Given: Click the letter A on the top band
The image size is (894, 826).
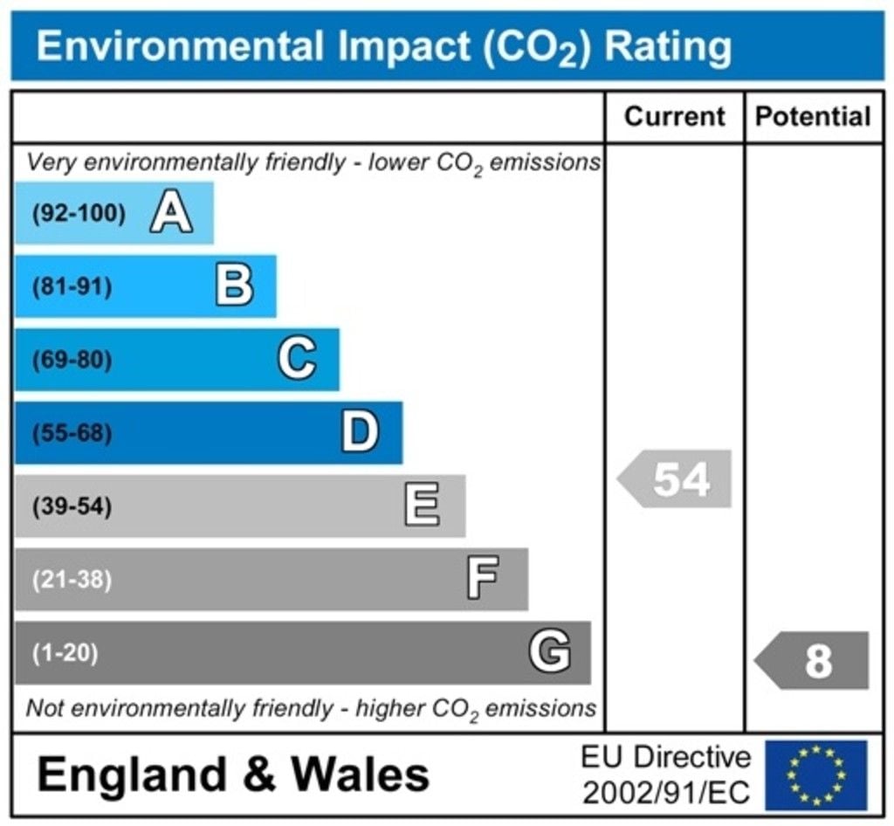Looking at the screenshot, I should click(x=171, y=213).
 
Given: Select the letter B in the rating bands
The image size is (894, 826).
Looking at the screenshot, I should click(x=235, y=286).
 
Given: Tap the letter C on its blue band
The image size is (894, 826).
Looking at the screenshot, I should click(x=297, y=359).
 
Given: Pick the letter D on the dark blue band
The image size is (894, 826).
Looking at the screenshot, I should click(x=360, y=432).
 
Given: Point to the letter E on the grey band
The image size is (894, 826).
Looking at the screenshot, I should click(x=423, y=506).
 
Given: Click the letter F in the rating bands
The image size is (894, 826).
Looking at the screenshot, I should click(x=483, y=579).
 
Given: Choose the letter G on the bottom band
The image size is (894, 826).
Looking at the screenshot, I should click(x=550, y=652).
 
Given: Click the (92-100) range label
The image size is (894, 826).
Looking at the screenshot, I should click(x=79, y=213).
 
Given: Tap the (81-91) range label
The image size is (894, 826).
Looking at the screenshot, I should click(x=72, y=286).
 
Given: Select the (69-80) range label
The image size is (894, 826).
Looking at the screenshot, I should click(x=72, y=360).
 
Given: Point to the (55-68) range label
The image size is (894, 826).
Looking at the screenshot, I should click(x=72, y=433).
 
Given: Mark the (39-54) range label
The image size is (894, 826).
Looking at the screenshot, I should click(x=72, y=506).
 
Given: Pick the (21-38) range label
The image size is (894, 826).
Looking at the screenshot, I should click(x=72, y=580).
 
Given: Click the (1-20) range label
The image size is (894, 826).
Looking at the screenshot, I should click(x=65, y=653).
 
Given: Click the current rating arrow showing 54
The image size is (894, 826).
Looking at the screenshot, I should click(x=676, y=478).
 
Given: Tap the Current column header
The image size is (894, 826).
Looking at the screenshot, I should click(x=675, y=116).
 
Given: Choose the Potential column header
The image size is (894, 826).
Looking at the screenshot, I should click(x=813, y=116).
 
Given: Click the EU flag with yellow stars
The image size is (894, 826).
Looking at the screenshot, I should click(x=816, y=774).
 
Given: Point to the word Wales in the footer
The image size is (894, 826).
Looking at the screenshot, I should click(x=360, y=774).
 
